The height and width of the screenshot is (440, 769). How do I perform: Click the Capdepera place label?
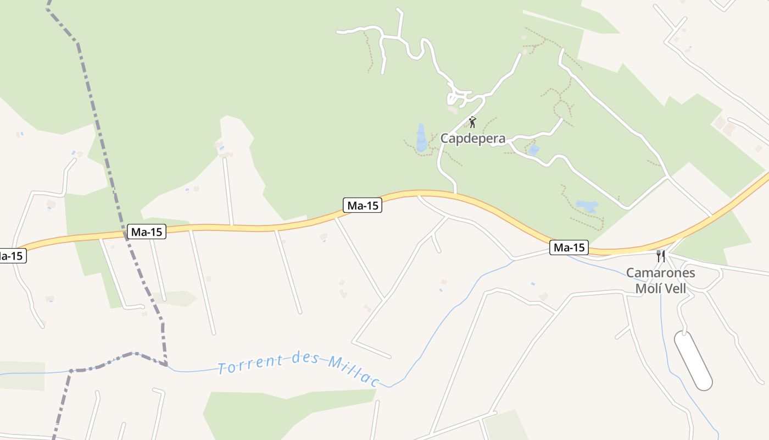(473, 139)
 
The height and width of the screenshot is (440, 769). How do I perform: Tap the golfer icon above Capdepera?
(472, 122)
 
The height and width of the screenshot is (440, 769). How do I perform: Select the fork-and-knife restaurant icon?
(661, 256)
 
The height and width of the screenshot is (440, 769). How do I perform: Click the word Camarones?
(661, 273)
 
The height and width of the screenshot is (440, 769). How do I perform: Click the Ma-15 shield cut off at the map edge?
(11, 256)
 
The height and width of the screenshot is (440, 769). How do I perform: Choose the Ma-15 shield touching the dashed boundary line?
(146, 232)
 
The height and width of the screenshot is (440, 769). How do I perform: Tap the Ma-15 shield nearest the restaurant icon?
(570, 248)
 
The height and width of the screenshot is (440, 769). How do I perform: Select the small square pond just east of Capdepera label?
(533, 150)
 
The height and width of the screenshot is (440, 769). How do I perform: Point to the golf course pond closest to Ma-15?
(587, 206)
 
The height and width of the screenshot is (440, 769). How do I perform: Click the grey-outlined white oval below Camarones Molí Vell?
(693, 360)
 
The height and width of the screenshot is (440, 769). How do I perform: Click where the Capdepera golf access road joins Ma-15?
(455, 193)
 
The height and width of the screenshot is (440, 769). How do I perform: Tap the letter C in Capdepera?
(445, 139)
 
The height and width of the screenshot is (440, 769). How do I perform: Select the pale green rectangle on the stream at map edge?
(22, 376)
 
